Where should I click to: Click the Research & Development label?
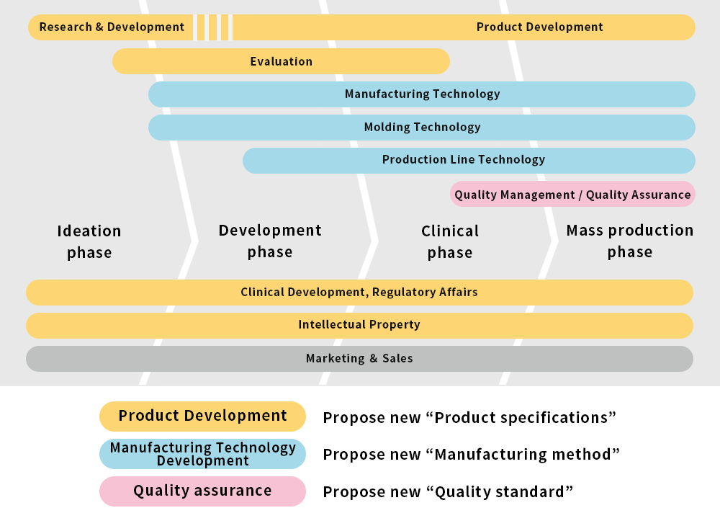click(112, 27)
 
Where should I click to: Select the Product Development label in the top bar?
click(539, 27)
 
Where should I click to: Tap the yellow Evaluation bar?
click(281, 61)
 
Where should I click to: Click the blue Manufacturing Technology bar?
click(421, 94)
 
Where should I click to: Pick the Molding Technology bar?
click(421, 128)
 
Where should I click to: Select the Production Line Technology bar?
click(469, 161)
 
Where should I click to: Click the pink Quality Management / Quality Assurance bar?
click(572, 194)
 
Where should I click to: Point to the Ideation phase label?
click(89, 241)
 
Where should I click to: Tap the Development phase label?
click(270, 241)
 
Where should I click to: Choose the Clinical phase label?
click(450, 241)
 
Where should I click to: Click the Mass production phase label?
click(630, 241)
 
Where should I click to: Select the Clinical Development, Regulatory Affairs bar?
click(359, 293)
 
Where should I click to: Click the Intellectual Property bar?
click(359, 326)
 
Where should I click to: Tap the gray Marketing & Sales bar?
click(359, 359)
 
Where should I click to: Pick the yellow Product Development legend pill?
click(202, 416)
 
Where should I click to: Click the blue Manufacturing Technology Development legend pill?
click(202, 454)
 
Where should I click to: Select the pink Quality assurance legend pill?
click(202, 491)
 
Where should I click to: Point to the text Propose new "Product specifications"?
click(469, 418)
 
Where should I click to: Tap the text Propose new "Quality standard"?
click(448, 492)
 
